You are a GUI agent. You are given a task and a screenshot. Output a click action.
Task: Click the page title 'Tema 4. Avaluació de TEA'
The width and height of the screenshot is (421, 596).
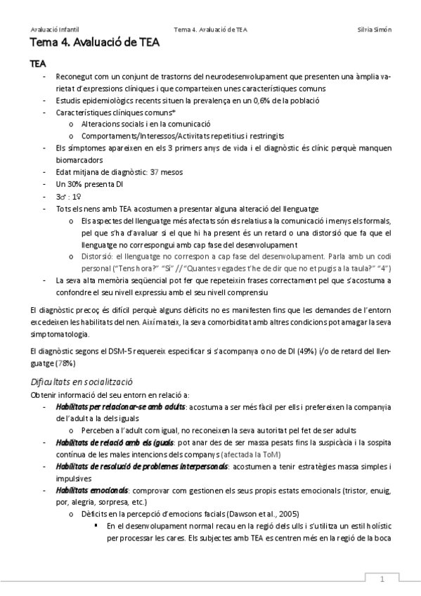(x=95, y=44)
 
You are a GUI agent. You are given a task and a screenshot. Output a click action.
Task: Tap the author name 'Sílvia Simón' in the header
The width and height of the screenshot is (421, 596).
(x=375, y=30)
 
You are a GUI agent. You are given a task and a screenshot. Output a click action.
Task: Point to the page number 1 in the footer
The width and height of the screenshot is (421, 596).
(x=382, y=579)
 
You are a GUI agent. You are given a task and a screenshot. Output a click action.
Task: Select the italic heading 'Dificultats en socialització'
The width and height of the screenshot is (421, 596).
(x=82, y=382)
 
